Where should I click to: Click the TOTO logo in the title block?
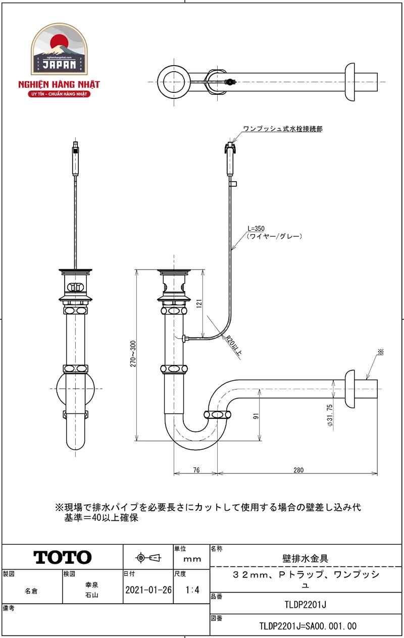pyautogui.click(x=63, y=557)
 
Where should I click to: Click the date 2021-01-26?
pyautogui.click(x=148, y=590)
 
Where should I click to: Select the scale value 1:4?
pyautogui.click(x=192, y=590)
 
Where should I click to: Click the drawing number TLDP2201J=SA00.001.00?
pyautogui.click(x=308, y=626)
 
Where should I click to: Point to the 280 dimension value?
pyautogui.click(x=298, y=470)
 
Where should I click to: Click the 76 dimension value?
pyautogui.click(x=196, y=470)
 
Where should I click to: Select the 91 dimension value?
pyautogui.click(x=256, y=416)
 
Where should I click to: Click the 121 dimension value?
pyautogui.click(x=199, y=303)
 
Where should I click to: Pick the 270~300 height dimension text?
pyautogui.click(x=133, y=354)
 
